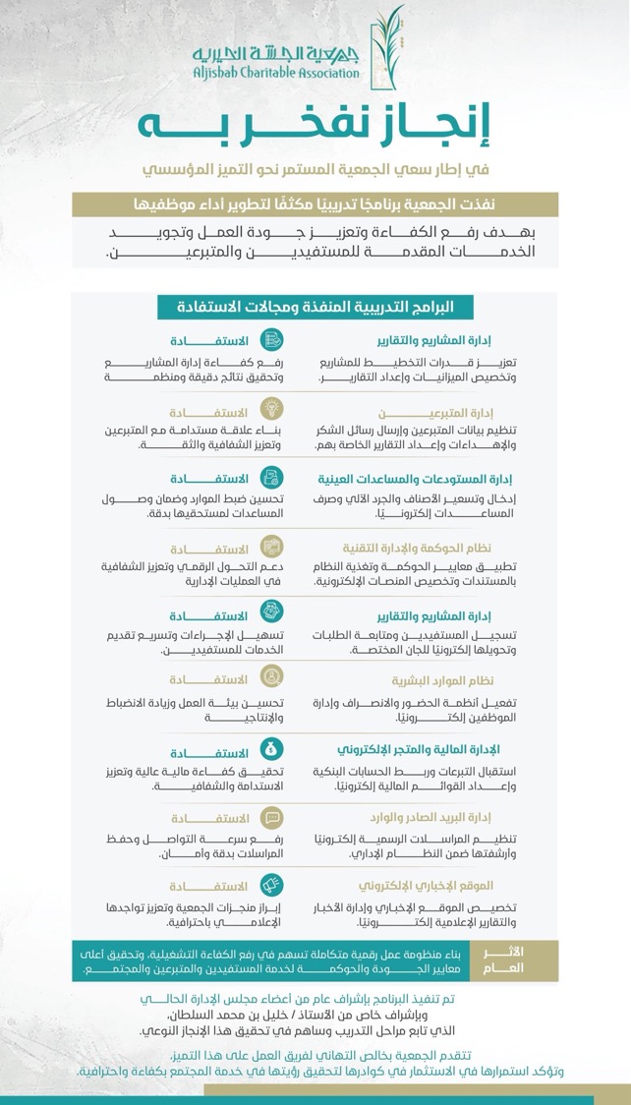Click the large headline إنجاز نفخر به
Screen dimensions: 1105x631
(315, 127)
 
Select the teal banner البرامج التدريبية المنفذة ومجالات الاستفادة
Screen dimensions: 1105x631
(315, 307)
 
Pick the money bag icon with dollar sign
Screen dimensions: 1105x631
(272, 747)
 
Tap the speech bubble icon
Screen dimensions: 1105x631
(272, 816)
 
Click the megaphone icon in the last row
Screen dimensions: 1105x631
(272, 883)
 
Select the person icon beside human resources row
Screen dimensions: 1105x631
(272, 677)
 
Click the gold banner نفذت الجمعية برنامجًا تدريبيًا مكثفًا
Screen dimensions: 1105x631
(315, 204)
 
